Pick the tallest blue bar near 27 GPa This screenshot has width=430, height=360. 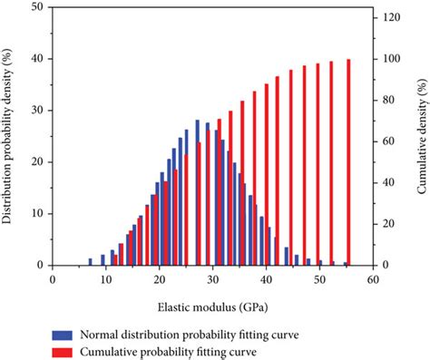click(x=197, y=193)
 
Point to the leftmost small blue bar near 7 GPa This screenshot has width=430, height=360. click(x=90, y=262)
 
